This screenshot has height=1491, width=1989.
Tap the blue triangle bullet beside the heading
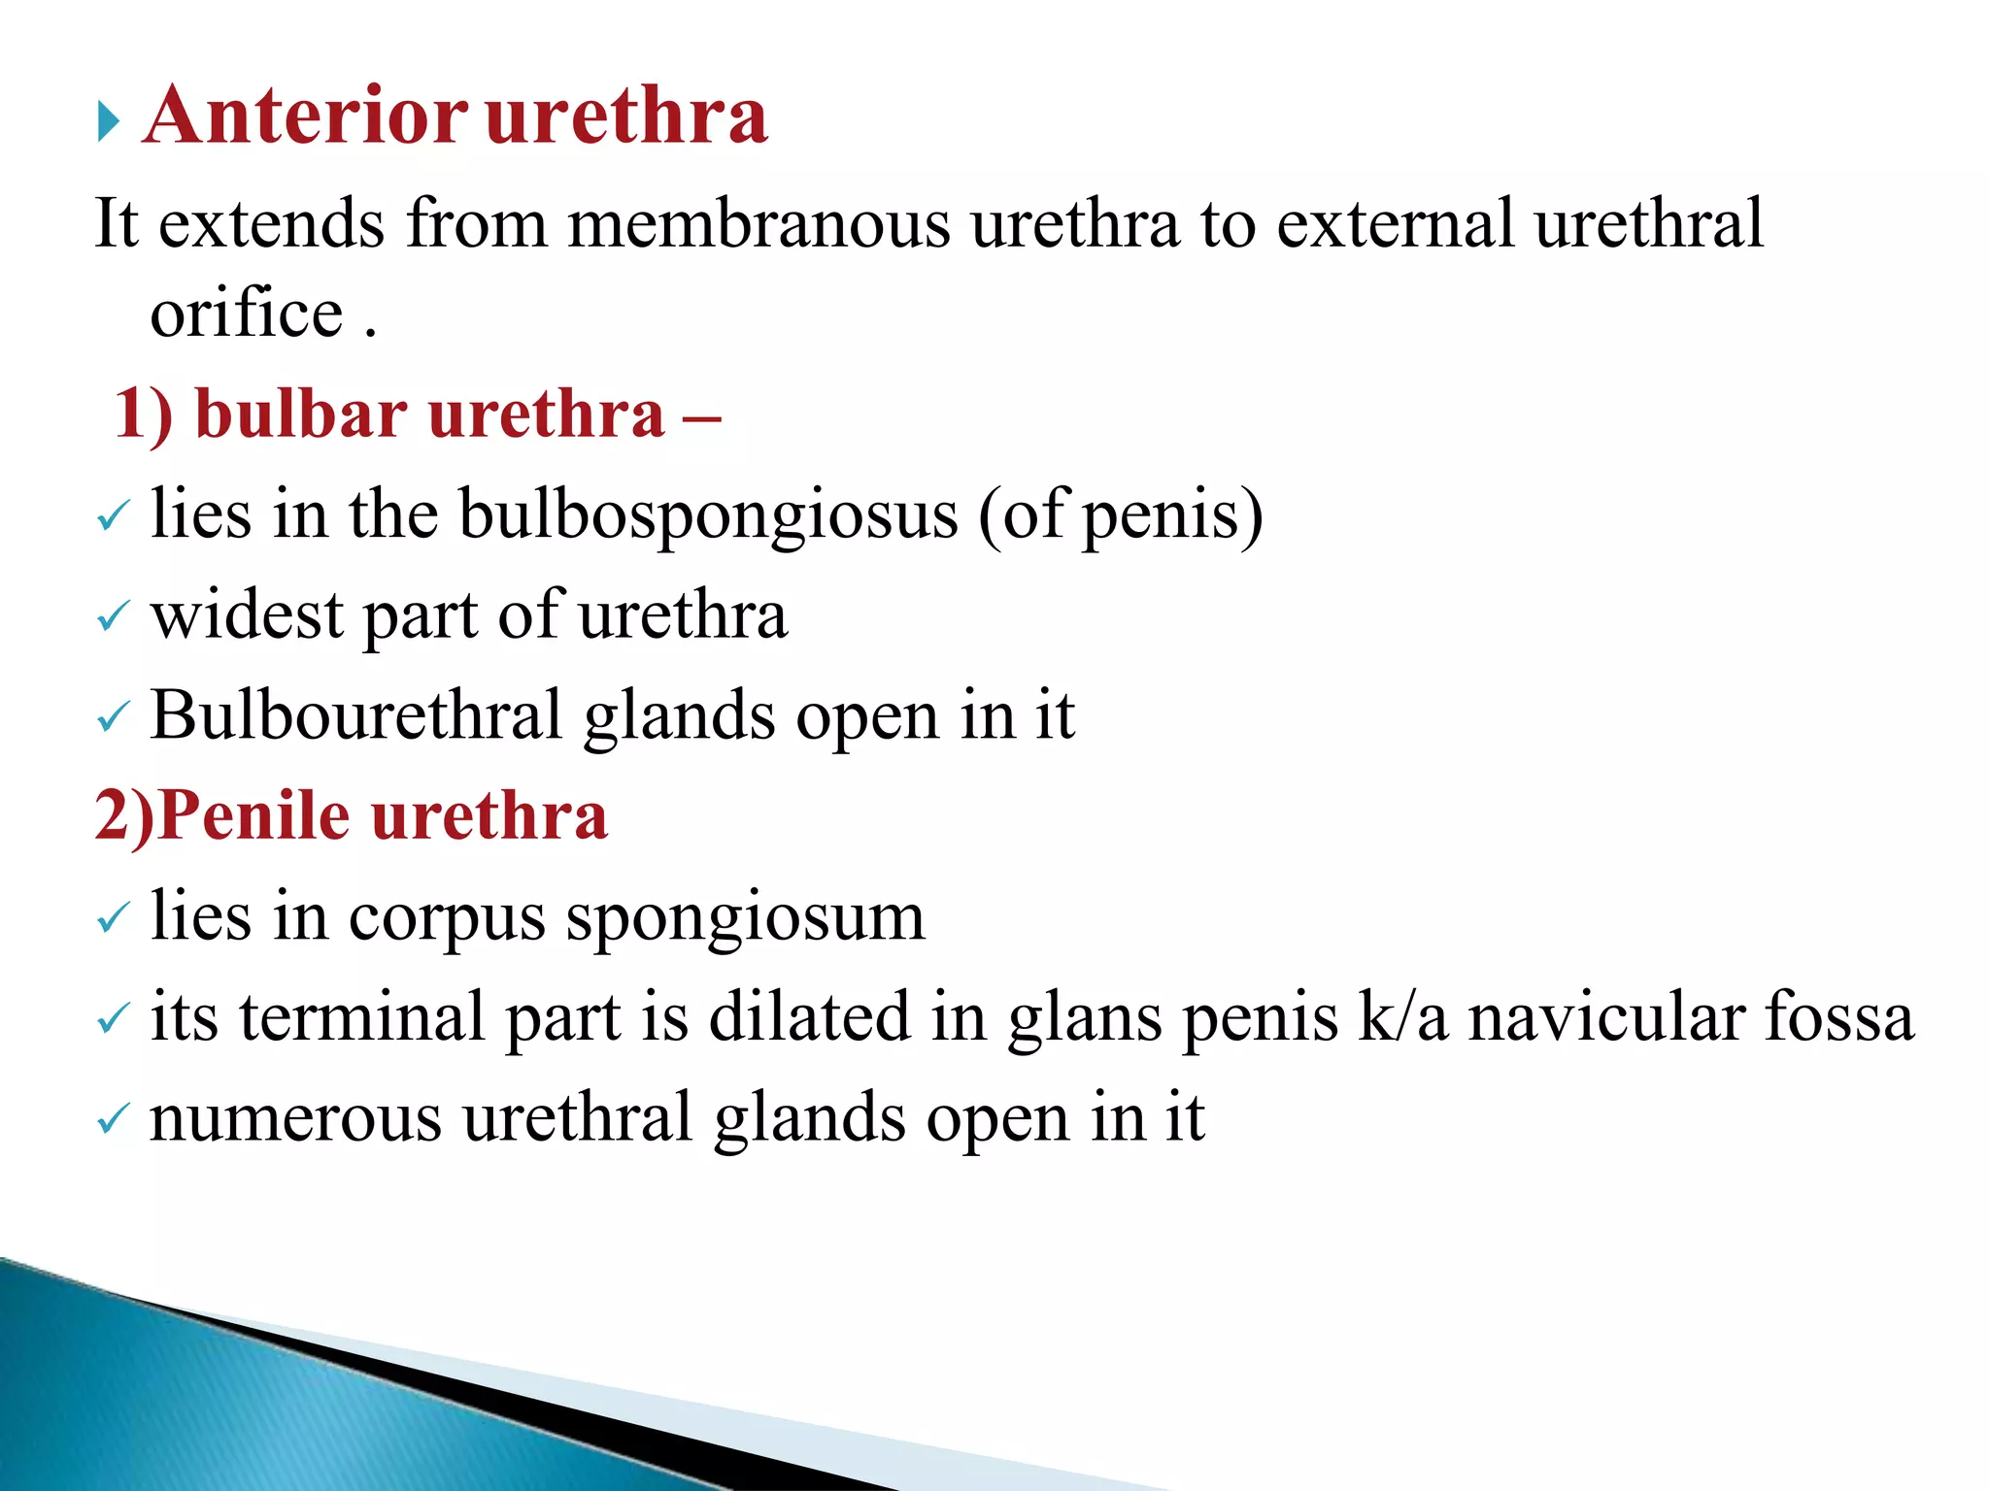point(109,123)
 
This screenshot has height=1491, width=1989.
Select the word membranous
point(759,224)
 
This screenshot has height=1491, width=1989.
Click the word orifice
point(247,315)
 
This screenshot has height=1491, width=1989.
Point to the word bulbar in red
point(300,414)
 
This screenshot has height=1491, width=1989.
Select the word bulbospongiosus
point(708,515)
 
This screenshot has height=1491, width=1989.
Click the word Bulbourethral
point(355,716)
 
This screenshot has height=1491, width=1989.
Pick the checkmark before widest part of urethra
point(113,617)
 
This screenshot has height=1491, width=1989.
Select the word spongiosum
point(745,918)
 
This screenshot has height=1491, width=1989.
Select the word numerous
point(295,1118)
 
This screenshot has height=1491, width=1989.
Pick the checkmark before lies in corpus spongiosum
point(113,917)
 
